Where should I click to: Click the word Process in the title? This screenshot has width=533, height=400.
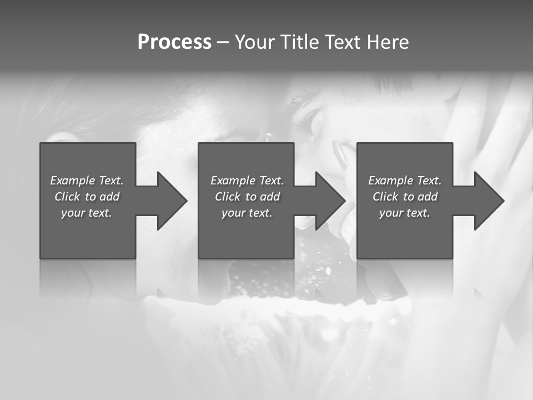pyautogui.click(x=174, y=42)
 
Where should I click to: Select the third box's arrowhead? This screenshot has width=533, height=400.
pyautogui.click(x=489, y=201)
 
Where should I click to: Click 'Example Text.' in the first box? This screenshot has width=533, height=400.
pyautogui.click(x=87, y=181)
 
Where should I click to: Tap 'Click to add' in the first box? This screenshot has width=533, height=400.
pyautogui.click(x=87, y=197)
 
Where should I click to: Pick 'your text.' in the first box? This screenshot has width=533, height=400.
pyautogui.click(x=87, y=213)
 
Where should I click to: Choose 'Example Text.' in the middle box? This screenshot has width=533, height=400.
pyautogui.click(x=247, y=181)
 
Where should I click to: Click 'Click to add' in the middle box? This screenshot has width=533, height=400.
pyautogui.click(x=247, y=197)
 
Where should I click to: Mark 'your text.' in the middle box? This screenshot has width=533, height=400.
pyautogui.click(x=247, y=213)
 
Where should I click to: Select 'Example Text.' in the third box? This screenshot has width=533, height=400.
pyautogui.click(x=405, y=181)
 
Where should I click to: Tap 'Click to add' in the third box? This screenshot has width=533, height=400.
pyautogui.click(x=405, y=197)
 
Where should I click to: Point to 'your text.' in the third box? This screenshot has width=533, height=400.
pyautogui.click(x=405, y=213)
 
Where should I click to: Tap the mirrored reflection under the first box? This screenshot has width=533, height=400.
pyautogui.click(x=88, y=278)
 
